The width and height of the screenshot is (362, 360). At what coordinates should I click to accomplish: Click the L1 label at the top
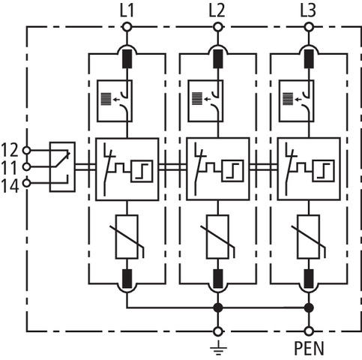click(127, 11)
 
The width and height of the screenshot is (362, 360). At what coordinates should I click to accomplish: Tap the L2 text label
click(217, 11)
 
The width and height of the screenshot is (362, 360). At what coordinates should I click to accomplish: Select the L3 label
click(308, 11)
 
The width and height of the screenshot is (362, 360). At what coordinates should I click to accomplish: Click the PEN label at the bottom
click(309, 348)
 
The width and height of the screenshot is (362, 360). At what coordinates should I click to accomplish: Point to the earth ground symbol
click(218, 347)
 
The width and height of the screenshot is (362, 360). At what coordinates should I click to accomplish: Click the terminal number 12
click(10, 150)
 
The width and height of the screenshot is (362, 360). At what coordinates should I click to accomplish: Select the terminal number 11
click(10, 167)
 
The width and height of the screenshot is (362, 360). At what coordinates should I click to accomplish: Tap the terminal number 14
click(10, 186)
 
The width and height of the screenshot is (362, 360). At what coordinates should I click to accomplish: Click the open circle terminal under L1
click(127, 27)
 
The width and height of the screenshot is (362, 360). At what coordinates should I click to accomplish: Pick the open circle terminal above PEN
click(309, 331)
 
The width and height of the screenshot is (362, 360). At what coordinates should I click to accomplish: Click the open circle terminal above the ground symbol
click(218, 331)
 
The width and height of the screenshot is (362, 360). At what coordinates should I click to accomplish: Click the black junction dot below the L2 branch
click(218, 307)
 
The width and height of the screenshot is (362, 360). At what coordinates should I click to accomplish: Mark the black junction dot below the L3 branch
click(309, 307)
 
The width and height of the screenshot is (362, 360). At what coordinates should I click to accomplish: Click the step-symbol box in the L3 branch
click(323, 171)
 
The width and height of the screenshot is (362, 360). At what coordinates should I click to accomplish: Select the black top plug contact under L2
click(218, 59)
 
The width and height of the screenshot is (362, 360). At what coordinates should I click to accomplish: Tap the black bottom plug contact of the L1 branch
click(127, 279)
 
